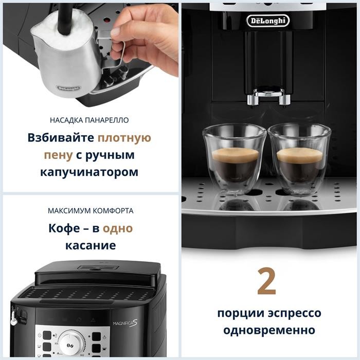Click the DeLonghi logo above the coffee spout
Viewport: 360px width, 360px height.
pos(268,21)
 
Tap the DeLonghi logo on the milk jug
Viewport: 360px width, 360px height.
pos(68,88)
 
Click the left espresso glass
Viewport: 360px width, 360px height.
pos(234,159)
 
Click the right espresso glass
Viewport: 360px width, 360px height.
pos(299,159)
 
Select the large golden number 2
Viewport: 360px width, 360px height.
pos(266,281)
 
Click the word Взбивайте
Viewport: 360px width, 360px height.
pos(61,138)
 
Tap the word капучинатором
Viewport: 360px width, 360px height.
pos(89,172)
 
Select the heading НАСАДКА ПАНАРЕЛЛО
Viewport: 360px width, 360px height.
pos(89,120)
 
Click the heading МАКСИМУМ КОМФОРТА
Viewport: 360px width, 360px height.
pos(91,211)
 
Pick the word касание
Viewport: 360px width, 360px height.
pos(91,245)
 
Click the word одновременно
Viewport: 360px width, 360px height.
pos(269,330)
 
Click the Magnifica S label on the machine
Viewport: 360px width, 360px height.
pos(125,323)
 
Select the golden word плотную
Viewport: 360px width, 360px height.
pos(124,138)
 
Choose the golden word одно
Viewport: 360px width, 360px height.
pos(118,229)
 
